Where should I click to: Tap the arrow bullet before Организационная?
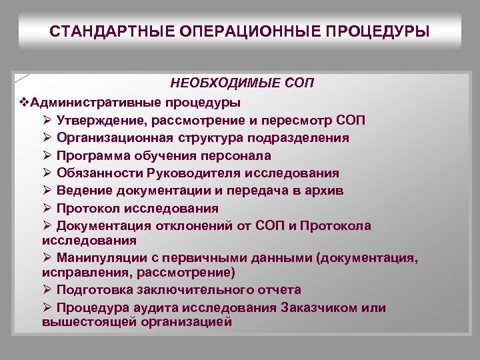(x=47, y=138)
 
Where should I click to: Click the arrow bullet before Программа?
(x=47, y=155)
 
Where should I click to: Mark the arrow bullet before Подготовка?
(x=47, y=290)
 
